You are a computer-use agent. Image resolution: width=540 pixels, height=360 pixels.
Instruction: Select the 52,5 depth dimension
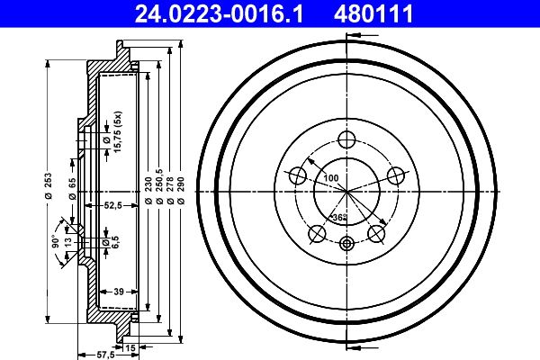(112, 206)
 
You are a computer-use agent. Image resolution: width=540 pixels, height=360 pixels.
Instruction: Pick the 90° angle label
(54, 242)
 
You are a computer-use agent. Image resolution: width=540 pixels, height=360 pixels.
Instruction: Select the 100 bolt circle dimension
(331, 178)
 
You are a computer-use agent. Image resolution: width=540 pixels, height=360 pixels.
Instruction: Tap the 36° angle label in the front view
(339, 218)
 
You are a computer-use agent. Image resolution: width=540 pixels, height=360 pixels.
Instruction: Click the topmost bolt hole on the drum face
(346, 139)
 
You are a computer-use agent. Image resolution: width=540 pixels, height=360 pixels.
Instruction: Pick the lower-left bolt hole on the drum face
(316, 234)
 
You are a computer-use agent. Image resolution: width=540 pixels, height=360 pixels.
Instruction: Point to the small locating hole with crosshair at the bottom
(346, 242)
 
